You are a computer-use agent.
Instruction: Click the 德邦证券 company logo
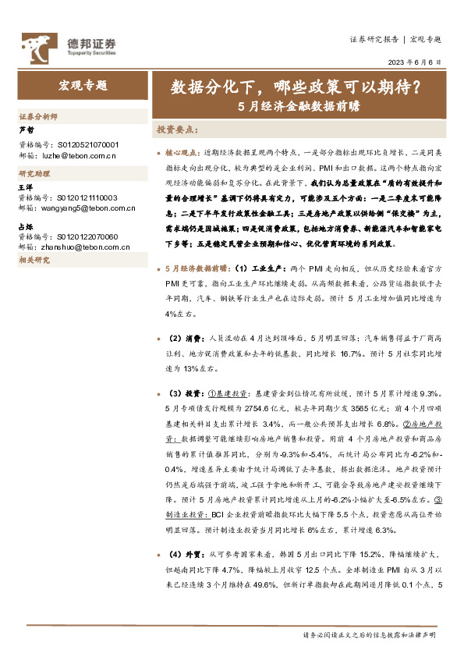click(x=68, y=45)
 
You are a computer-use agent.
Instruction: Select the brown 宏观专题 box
click(x=83, y=85)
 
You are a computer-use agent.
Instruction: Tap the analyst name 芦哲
click(x=27, y=130)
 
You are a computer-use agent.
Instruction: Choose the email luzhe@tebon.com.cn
click(x=80, y=156)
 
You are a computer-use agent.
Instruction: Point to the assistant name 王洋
click(x=27, y=187)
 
